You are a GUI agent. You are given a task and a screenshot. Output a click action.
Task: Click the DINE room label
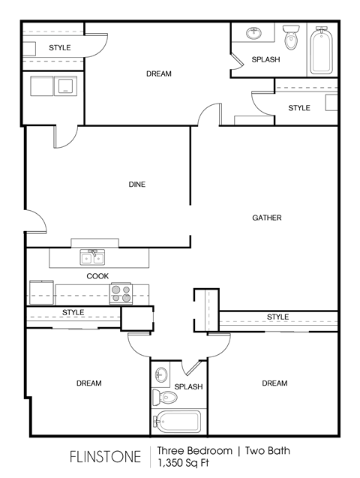point(136,185)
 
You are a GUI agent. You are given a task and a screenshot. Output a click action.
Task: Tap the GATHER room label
point(266,218)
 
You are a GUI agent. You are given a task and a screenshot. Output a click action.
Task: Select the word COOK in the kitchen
point(97,276)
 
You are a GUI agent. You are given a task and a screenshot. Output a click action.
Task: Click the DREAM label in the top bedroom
point(159,74)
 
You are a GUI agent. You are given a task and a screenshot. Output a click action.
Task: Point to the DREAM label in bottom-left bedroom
point(88,383)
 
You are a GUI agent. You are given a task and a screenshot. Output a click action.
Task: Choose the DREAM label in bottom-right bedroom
point(274,383)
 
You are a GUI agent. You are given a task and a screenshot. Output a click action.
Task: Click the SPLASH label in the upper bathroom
point(265,59)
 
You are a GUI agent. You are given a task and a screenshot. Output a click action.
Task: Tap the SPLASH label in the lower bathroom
point(188,387)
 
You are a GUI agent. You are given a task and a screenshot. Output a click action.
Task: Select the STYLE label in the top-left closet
point(60,48)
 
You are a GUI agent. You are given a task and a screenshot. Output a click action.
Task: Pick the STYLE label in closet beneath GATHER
point(277,317)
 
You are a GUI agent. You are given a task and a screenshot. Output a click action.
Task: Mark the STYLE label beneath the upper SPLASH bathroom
point(299,108)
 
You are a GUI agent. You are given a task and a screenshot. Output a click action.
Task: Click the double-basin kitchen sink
point(93,259)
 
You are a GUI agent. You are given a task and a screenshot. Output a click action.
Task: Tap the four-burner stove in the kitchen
point(121,293)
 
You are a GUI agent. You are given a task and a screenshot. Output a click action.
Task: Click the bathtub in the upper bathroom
point(321,50)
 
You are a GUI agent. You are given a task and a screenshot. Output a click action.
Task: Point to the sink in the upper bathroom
point(254,32)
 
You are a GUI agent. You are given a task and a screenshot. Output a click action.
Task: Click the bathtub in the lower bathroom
point(178,421)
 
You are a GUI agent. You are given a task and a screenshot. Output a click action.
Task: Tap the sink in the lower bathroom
point(160,373)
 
